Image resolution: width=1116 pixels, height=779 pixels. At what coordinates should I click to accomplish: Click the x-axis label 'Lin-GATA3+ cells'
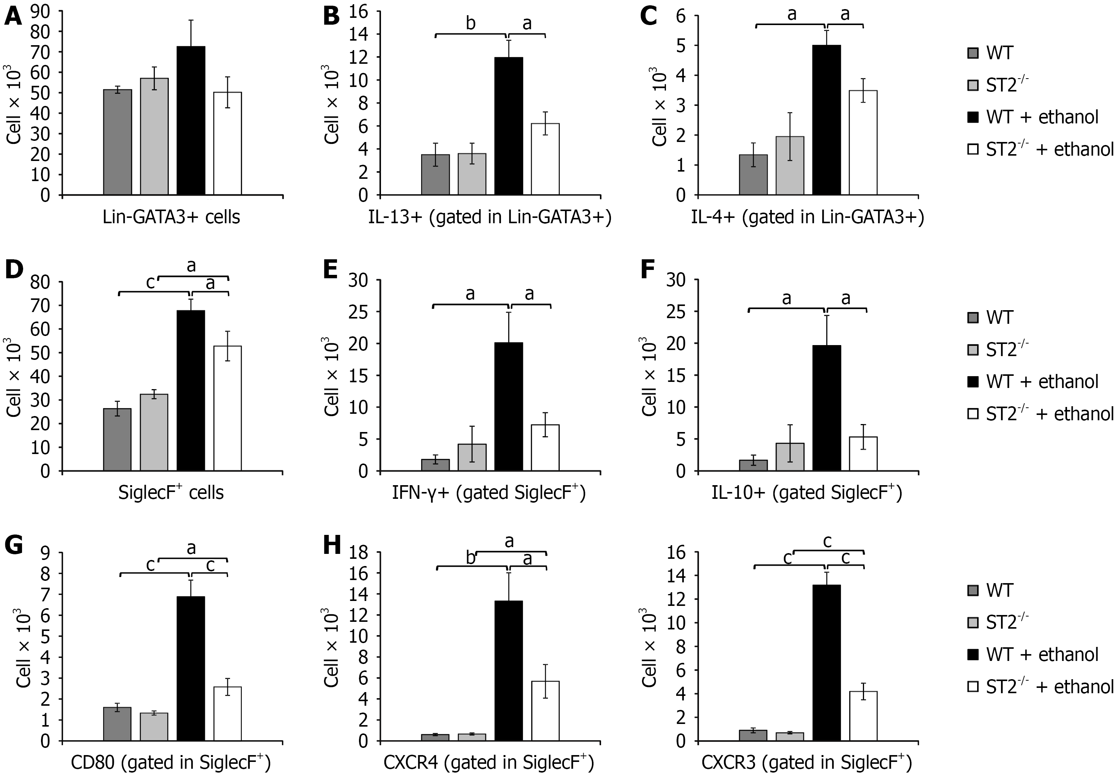(171, 217)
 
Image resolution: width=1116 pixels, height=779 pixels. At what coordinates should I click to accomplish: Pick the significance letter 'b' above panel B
(471, 23)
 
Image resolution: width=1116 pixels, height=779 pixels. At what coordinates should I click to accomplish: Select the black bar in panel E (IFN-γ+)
(508, 407)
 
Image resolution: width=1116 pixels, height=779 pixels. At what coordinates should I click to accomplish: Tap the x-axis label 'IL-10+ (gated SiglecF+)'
(806, 493)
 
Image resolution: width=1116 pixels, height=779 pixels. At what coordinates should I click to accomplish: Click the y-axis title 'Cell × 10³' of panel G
(23, 651)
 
